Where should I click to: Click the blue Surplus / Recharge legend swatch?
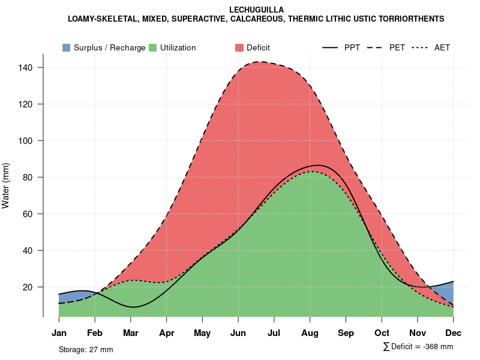(x=66, y=47)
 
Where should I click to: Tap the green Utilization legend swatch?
(x=153, y=47)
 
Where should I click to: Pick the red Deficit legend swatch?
(x=239, y=47)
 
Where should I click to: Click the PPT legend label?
(x=352, y=47)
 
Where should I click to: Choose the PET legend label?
(x=397, y=47)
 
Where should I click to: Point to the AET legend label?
(x=442, y=47)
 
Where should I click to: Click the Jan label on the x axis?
(x=59, y=333)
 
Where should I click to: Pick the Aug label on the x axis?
(x=310, y=333)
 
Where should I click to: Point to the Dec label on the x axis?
(x=454, y=333)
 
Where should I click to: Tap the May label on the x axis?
(x=202, y=333)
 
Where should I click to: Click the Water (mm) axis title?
(x=6, y=185)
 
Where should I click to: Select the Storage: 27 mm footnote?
(x=86, y=349)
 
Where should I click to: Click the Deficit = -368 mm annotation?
(x=418, y=347)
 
